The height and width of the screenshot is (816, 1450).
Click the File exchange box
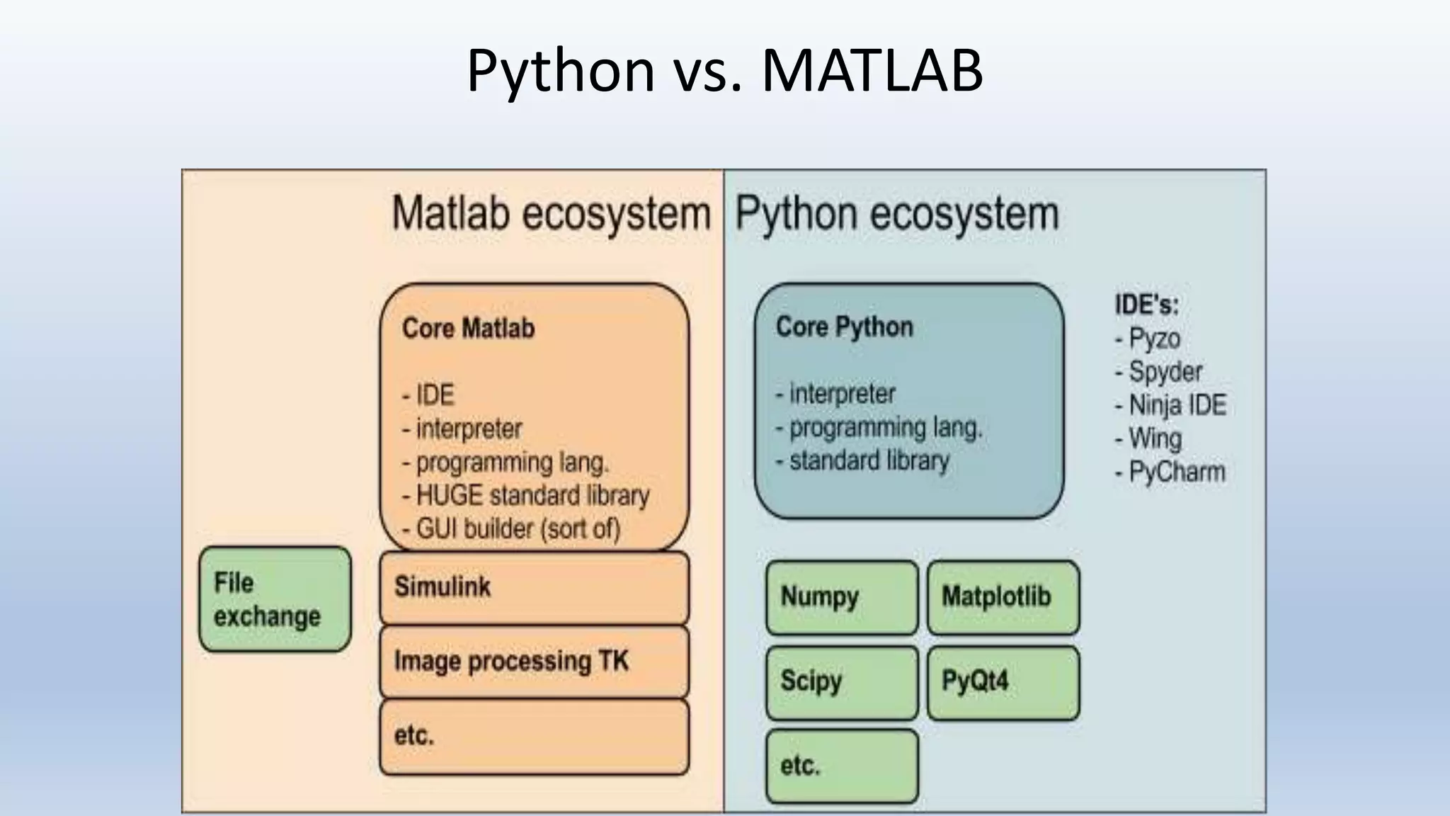pos(275,599)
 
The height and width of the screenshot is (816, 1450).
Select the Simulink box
pos(534,587)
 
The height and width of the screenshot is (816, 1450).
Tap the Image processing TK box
pos(534,662)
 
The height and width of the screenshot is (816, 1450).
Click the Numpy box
pos(841,597)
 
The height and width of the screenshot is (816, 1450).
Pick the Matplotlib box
pos(1003,597)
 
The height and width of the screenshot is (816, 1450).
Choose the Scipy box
pos(841,681)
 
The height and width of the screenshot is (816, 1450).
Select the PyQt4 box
pos(1003,681)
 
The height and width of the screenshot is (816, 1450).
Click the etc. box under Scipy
pos(841,766)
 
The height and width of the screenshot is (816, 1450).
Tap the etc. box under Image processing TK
pos(534,736)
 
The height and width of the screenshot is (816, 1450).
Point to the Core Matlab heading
pos(468,329)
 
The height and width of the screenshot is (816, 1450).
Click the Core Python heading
pos(844,327)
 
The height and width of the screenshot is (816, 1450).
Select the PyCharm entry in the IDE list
pos(1175,472)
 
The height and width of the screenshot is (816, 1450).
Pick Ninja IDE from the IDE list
pos(1176,405)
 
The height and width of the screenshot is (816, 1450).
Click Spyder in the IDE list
pos(1165,372)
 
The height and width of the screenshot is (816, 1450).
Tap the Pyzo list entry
pos(1153,339)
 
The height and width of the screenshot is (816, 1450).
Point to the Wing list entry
pos(1154,438)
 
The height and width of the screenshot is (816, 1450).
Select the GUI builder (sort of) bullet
pos(517,529)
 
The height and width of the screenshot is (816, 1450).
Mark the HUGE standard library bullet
pos(532,496)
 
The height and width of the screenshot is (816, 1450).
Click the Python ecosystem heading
pos(896,214)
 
